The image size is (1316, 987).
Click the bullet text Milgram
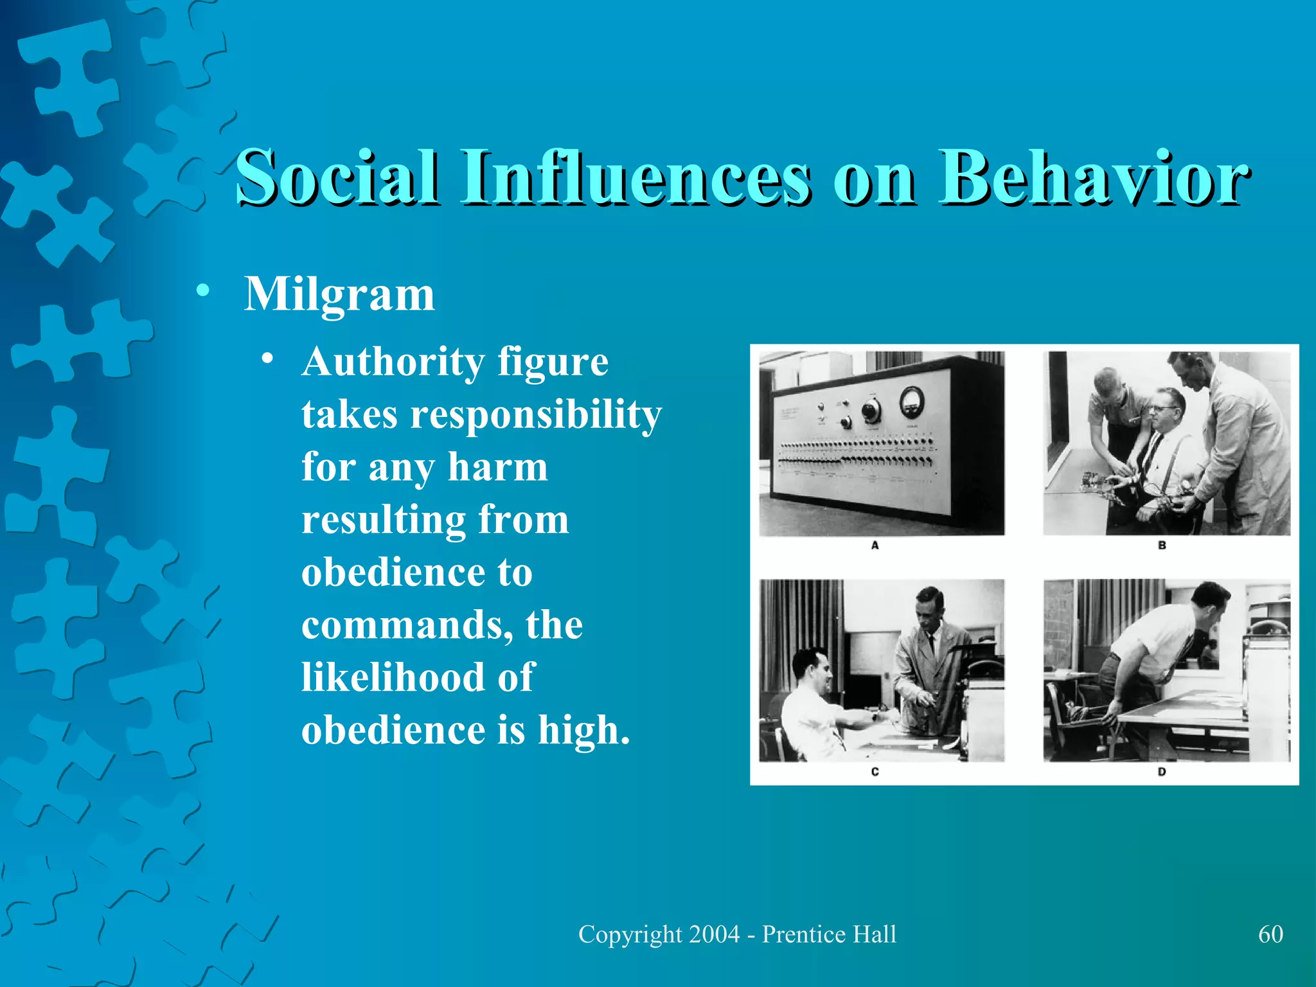click(339, 296)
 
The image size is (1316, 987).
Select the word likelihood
click(393, 677)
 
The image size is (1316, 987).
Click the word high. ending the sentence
click(583, 730)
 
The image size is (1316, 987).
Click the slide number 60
click(1270, 934)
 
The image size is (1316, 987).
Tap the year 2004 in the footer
click(714, 934)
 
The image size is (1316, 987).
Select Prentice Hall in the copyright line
click(829, 934)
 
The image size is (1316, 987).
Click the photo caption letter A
click(875, 546)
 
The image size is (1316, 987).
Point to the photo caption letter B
click(1162, 546)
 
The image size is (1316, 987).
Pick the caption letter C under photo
click(875, 772)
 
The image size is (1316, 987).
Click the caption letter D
click(1162, 772)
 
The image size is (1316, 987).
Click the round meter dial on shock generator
click(911, 400)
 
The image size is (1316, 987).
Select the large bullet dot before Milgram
click(203, 290)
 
